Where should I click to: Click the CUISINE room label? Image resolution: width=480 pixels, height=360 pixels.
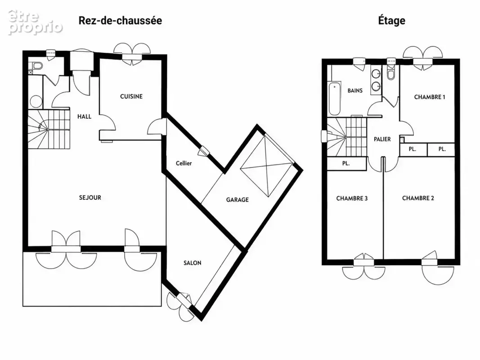(x=131, y=96)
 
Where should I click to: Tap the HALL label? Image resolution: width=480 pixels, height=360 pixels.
(x=84, y=117)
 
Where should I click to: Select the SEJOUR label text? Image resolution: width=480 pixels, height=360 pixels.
(x=90, y=198)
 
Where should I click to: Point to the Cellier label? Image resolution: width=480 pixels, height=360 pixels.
(x=184, y=163)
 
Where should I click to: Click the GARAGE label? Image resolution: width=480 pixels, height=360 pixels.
(x=237, y=200)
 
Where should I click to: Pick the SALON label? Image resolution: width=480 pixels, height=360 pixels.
(x=192, y=263)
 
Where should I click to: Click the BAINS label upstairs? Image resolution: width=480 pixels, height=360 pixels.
(x=355, y=90)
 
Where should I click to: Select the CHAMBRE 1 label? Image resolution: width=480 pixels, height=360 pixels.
(x=430, y=97)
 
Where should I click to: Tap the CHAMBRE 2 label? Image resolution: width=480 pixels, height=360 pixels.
(x=418, y=198)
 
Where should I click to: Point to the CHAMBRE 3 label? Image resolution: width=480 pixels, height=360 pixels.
(x=352, y=198)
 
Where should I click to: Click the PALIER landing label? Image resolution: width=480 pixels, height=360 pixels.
(x=382, y=139)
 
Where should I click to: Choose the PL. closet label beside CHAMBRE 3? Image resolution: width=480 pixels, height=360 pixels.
(x=346, y=163)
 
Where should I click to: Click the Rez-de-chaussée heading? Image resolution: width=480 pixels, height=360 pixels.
(x=120, y=21)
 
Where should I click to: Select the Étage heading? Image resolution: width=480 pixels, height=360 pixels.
(x=391, y=21)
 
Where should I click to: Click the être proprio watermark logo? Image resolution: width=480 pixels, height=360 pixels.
(x=35, y=22)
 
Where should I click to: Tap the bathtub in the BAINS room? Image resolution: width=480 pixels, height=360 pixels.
(x=335, y=98)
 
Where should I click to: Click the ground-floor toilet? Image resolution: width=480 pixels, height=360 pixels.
(x=37, y=66)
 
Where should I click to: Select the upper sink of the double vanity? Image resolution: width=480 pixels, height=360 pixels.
(x=376, y=73)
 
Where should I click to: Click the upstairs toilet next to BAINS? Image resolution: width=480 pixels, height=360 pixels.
(x=391, y=73)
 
